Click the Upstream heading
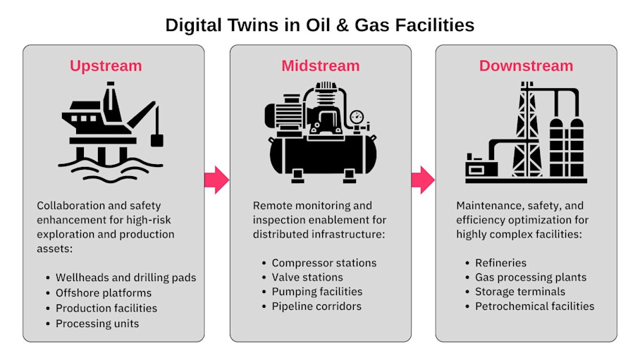(106, 66)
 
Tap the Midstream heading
(320, 66)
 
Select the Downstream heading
(526, 66)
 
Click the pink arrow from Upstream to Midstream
(216, 180)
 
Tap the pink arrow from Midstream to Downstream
(423, 180)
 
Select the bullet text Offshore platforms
(104, 292)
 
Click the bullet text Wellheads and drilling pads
(125, 277)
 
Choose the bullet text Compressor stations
(324, 263)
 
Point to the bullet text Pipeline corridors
(316, 306)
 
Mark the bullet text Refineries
(500, 263)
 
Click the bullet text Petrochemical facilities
(534, 306)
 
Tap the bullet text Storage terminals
(520, 292)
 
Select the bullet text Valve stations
(307, 278)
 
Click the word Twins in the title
(232, 25)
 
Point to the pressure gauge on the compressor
(356, 116)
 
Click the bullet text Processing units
(97, 323)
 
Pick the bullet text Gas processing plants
(531, 278)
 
